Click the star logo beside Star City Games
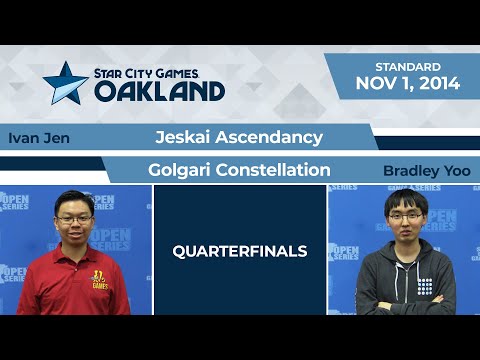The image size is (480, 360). tap(65, 83)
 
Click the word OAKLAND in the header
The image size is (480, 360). tap(159, 90)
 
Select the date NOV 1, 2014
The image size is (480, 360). tap(408, 84)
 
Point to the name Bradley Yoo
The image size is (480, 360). tap(426, 171)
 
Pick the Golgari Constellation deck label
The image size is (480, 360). tap(238, 170)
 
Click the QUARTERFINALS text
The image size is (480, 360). tap(239, 251)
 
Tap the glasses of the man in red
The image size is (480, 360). tap(76, 215)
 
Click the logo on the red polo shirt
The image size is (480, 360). tap(100, 279)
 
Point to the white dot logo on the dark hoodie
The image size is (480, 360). tap(425, 286)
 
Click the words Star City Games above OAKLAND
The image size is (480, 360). tap(160, 72)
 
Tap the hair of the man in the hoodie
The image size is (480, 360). tap(403, 196)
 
